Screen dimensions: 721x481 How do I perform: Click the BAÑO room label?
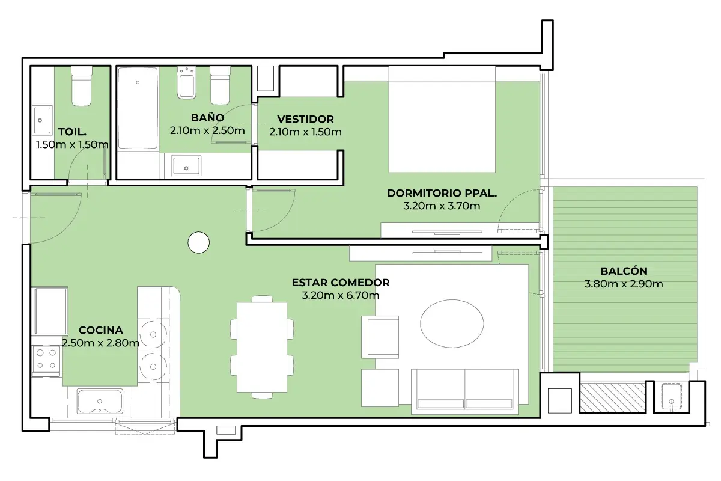207,118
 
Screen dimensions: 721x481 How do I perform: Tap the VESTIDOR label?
305,119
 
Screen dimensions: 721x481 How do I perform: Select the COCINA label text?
101,330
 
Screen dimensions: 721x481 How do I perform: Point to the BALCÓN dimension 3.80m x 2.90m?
624,284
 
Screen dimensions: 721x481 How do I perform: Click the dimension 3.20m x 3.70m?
442,206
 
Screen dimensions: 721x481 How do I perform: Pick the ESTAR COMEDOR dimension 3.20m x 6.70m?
341,295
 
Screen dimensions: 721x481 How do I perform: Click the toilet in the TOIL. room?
82,86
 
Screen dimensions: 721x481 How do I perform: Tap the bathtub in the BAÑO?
138,108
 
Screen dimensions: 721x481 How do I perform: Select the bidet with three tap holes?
187,83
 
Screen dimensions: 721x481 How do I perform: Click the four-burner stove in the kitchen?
46,361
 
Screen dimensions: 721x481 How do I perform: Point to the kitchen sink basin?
100,401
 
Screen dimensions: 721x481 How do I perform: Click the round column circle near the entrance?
199,242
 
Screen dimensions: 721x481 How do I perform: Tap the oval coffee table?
452,323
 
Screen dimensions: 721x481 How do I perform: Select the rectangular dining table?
262,347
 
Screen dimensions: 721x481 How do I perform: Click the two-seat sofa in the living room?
464,391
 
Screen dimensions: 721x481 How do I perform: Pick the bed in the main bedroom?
442,119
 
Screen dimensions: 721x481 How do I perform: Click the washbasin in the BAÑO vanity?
186,166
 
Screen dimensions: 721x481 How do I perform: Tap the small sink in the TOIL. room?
42,120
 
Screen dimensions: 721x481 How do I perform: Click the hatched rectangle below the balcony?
612,397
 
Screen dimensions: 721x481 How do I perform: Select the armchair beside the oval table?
380,337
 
